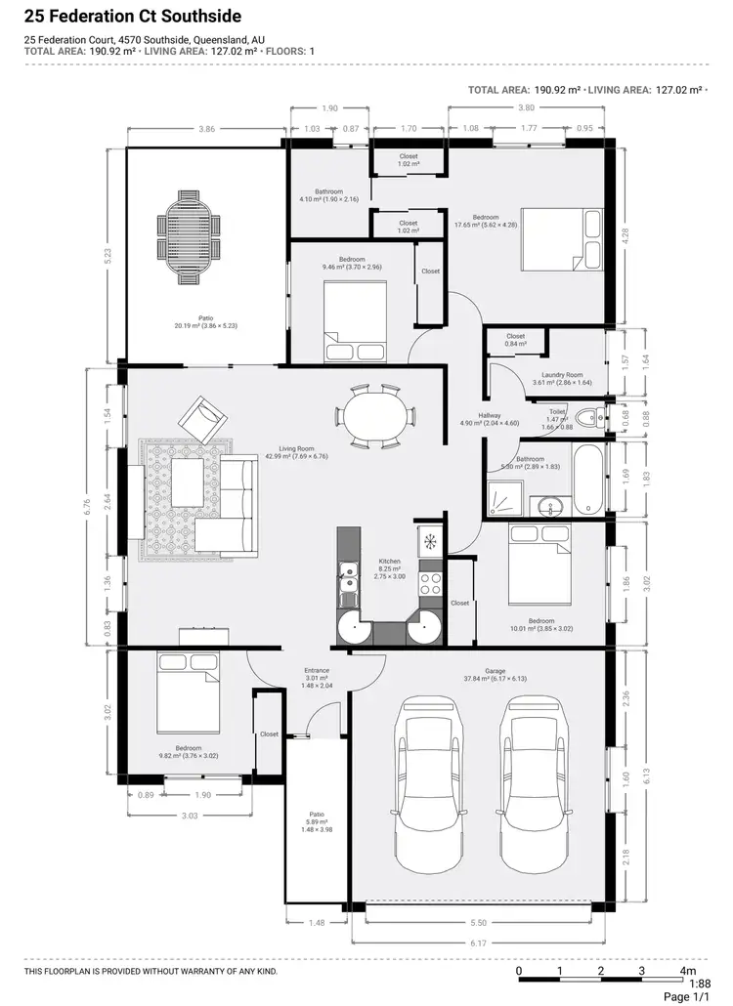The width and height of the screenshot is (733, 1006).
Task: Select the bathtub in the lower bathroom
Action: coord(588,480)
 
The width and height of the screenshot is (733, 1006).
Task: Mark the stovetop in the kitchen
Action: coord(431,583)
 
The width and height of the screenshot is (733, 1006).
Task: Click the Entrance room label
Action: coord(316,671)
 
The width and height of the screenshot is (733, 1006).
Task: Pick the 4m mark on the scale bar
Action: coord(687,971)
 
